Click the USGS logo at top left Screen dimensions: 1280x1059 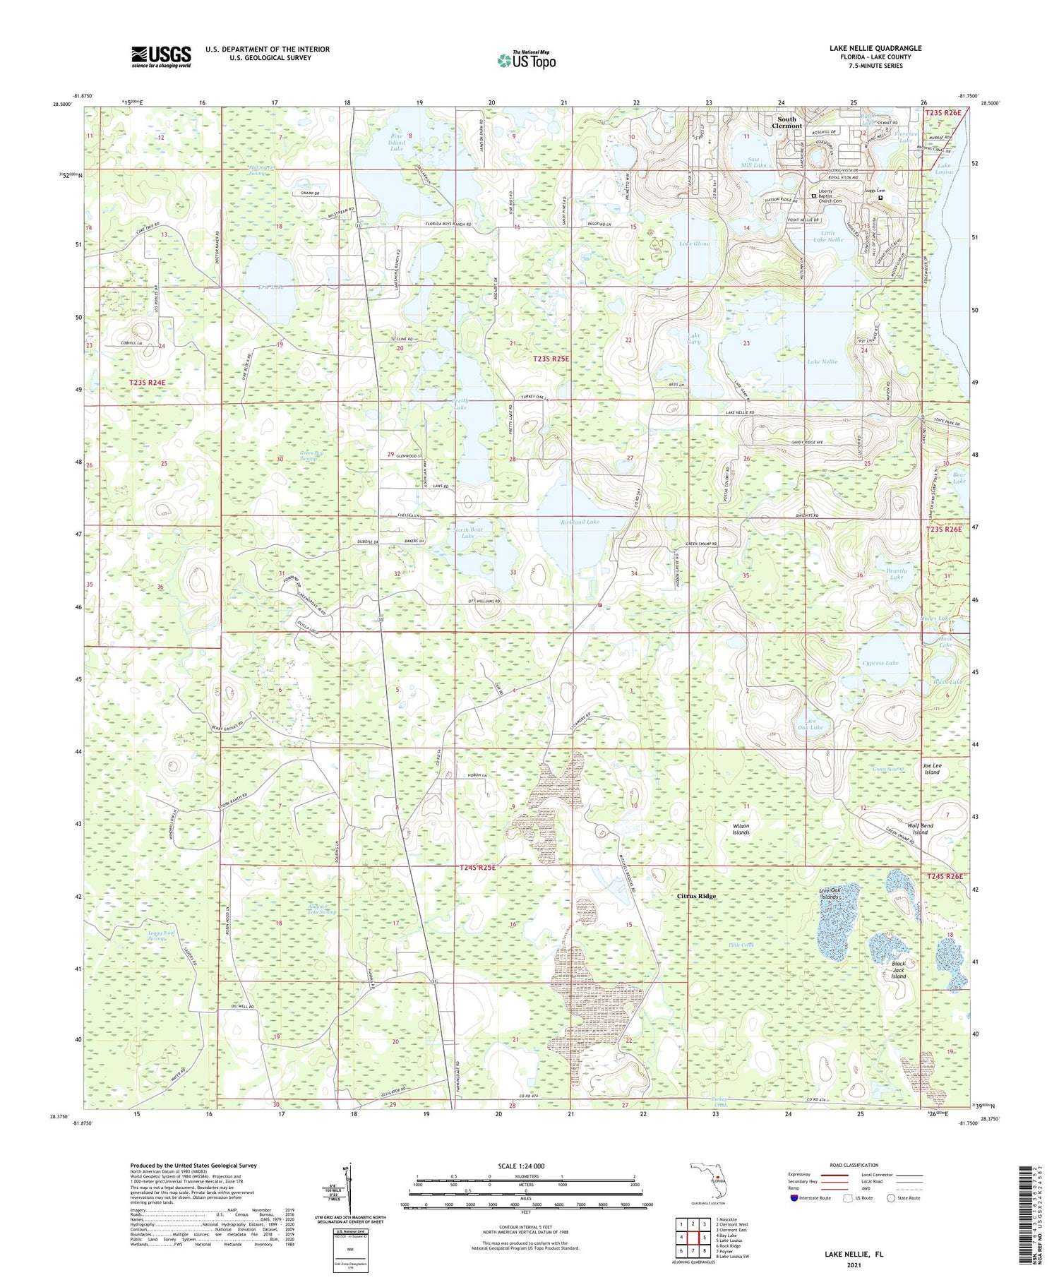point(161,56)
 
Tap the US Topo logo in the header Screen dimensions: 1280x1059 point(527,61)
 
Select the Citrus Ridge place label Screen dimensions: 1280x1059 point(696,896)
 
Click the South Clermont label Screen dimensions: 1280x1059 point(786,122)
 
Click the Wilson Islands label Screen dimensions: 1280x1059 point(741,829)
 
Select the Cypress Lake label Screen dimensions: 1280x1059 point(880,663)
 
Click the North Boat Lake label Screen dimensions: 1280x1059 point(468,532)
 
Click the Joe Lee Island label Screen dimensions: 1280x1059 point(932,769)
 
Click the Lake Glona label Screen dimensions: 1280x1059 point(694,244)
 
